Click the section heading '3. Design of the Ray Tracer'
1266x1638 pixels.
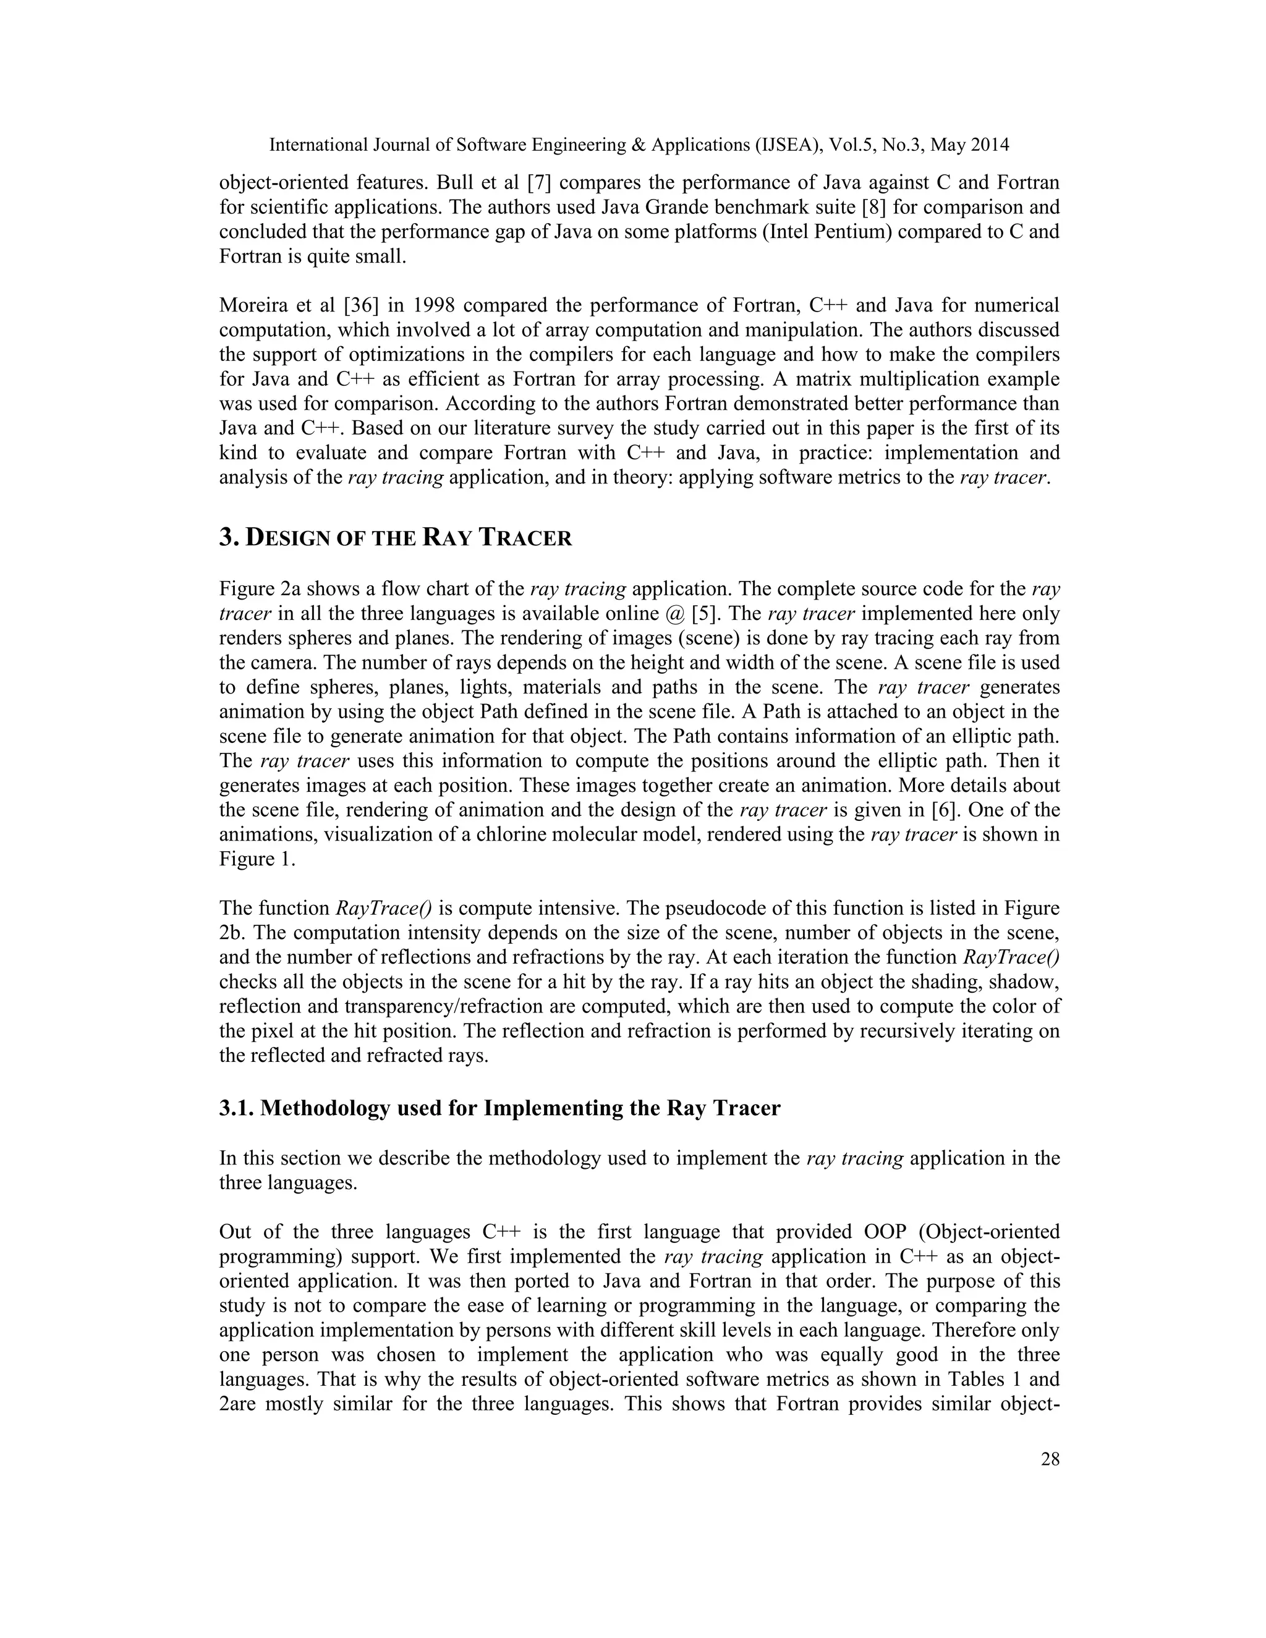(x=395, y=538)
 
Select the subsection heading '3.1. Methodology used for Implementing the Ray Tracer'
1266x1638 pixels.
(x=499, y=1108)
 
